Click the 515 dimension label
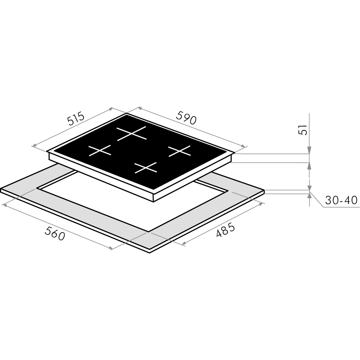76,118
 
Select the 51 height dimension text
303,130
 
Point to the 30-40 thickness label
341,200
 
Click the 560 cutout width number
55,233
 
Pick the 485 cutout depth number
226,230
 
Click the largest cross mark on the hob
131,133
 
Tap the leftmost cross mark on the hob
100,150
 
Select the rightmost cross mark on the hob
180,151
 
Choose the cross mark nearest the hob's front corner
146,168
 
